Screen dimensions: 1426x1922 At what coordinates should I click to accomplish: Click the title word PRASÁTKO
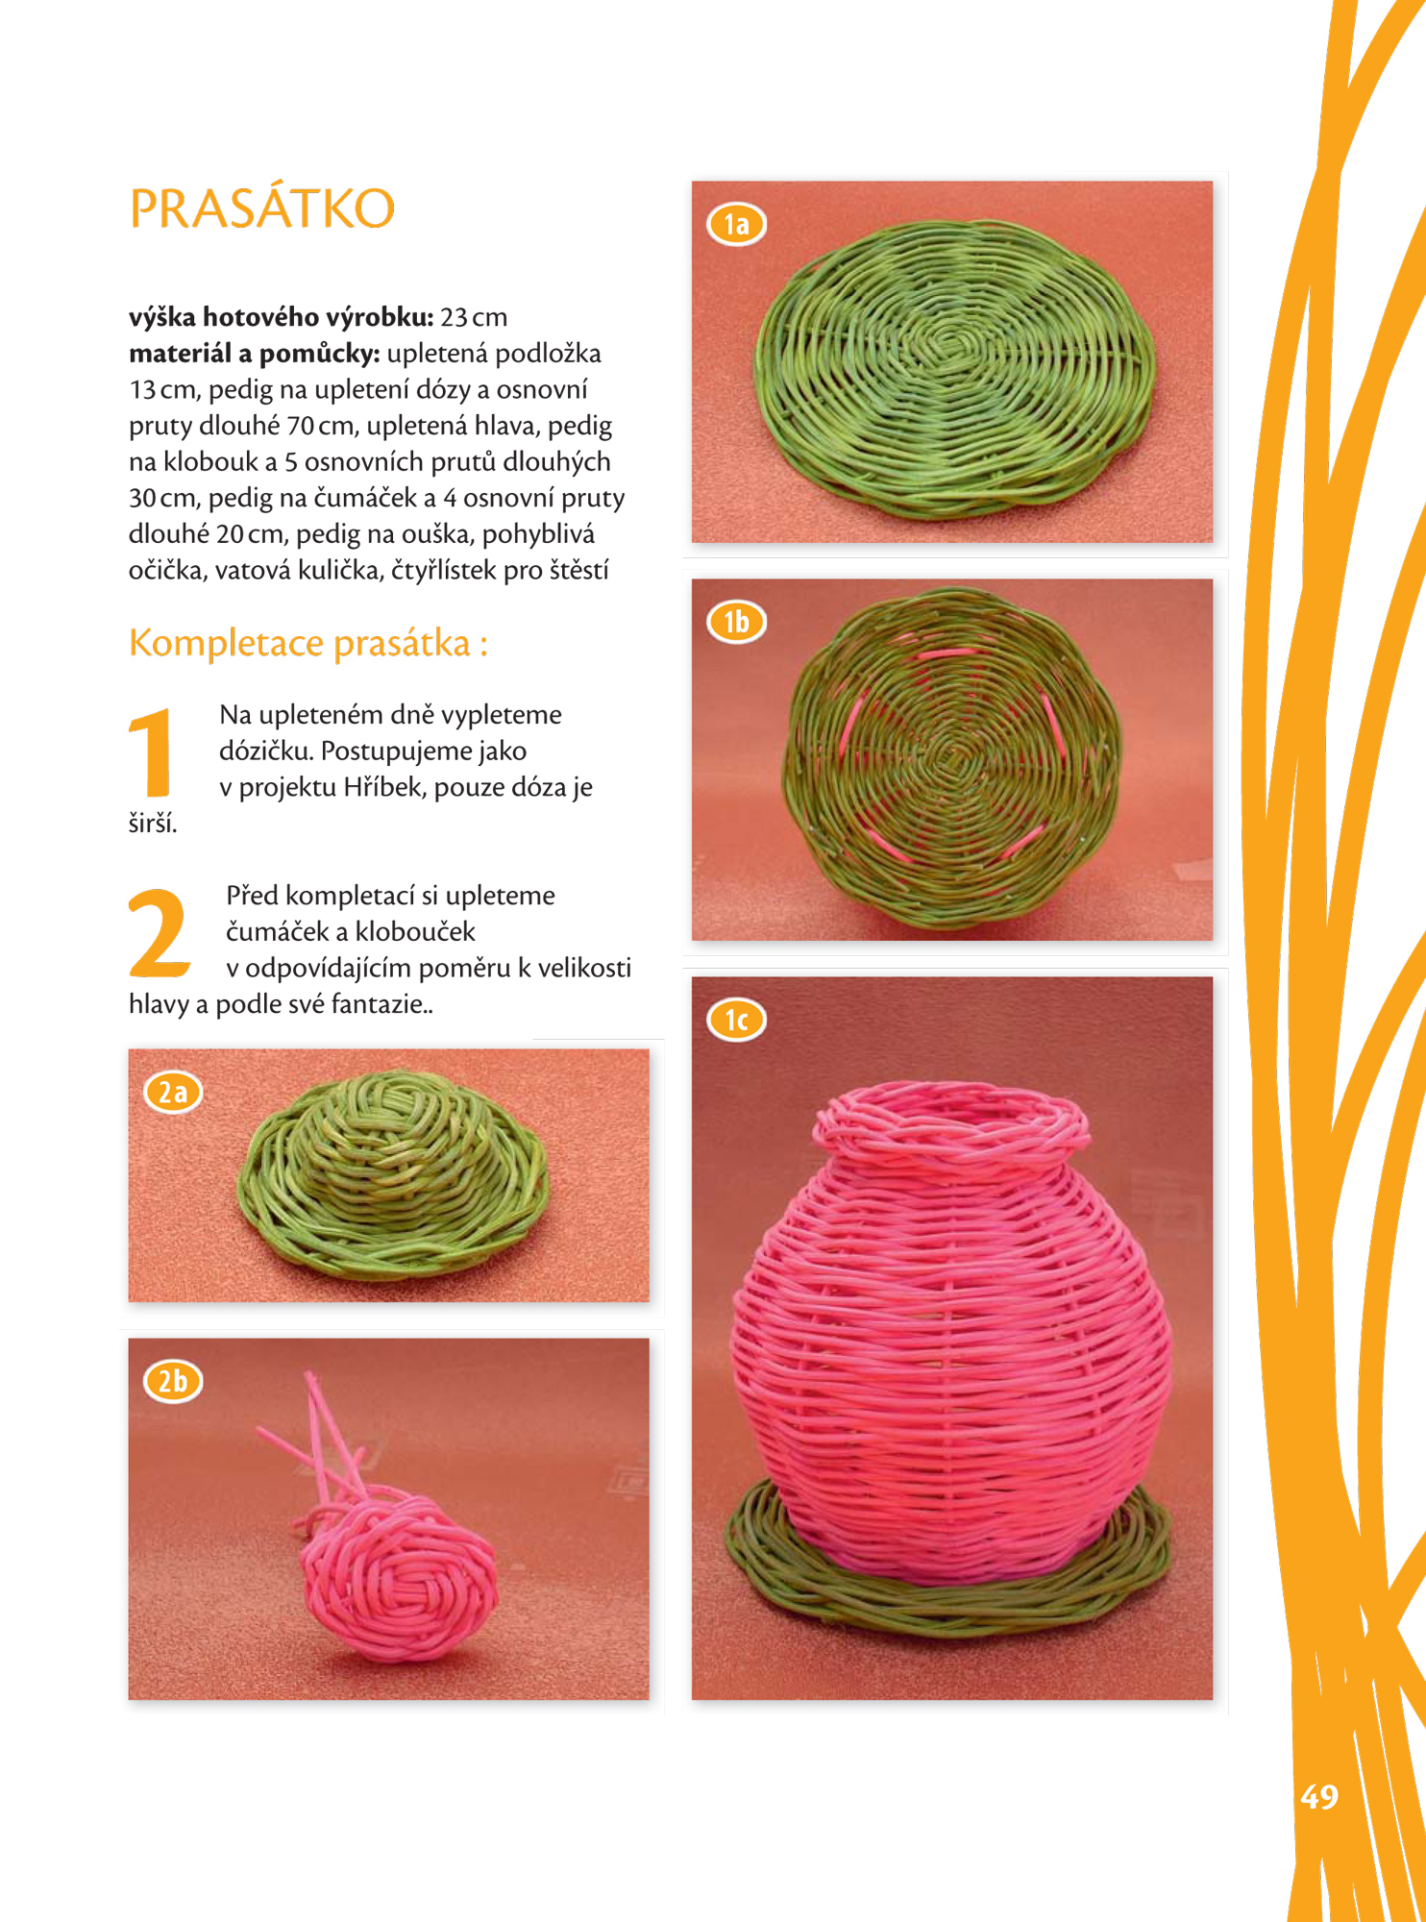point(261,209)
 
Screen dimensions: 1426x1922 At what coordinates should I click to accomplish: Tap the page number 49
point(1319,1796)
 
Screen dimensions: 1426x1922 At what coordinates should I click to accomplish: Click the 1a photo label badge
point(737,224)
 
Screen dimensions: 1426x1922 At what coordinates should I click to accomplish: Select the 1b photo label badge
point(737,622)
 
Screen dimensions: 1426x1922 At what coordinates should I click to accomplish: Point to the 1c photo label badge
point(737,1020)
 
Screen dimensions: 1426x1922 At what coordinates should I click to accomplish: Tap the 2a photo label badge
point(173,1093)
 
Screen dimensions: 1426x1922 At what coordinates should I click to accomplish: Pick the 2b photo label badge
point(173,1382)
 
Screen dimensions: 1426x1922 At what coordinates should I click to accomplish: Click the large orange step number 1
point(151,752)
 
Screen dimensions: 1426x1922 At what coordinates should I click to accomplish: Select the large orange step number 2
point(159,932)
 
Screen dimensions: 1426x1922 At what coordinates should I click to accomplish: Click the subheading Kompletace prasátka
point(308,643)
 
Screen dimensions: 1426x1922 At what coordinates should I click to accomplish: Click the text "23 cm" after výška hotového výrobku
point(474,317)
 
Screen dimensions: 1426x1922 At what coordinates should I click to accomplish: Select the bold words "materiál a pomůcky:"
point(255,354)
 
